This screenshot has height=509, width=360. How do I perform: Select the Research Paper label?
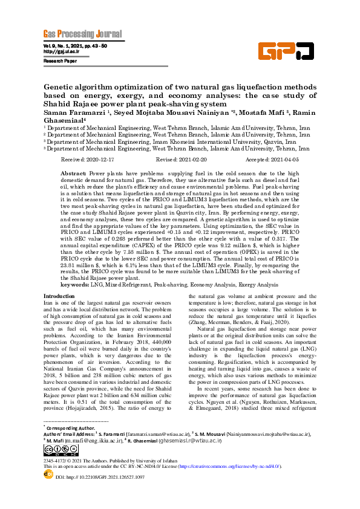60,61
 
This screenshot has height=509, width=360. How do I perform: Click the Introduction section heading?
60,296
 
